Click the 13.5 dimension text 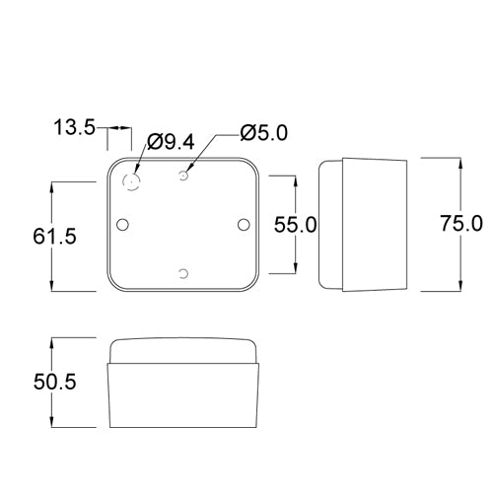coord(74,127)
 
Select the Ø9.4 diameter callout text coord(169,143)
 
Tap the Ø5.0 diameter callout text coord(263,133)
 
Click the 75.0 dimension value coord(461,224)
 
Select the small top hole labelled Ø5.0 coord(184,176)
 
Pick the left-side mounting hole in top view coord(123,225)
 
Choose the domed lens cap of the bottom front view coord(185,349)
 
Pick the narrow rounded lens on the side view coord(329,225)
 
